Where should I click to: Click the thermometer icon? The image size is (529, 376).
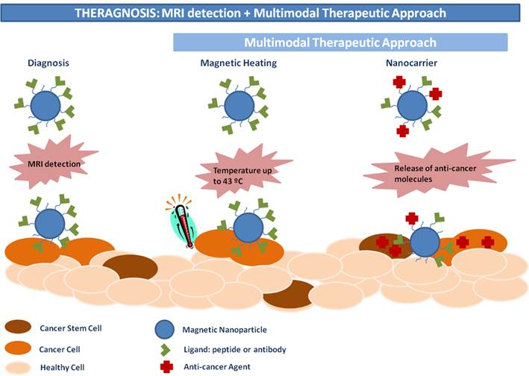179,220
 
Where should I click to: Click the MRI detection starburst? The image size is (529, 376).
52,163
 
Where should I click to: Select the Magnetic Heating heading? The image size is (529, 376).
239,64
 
